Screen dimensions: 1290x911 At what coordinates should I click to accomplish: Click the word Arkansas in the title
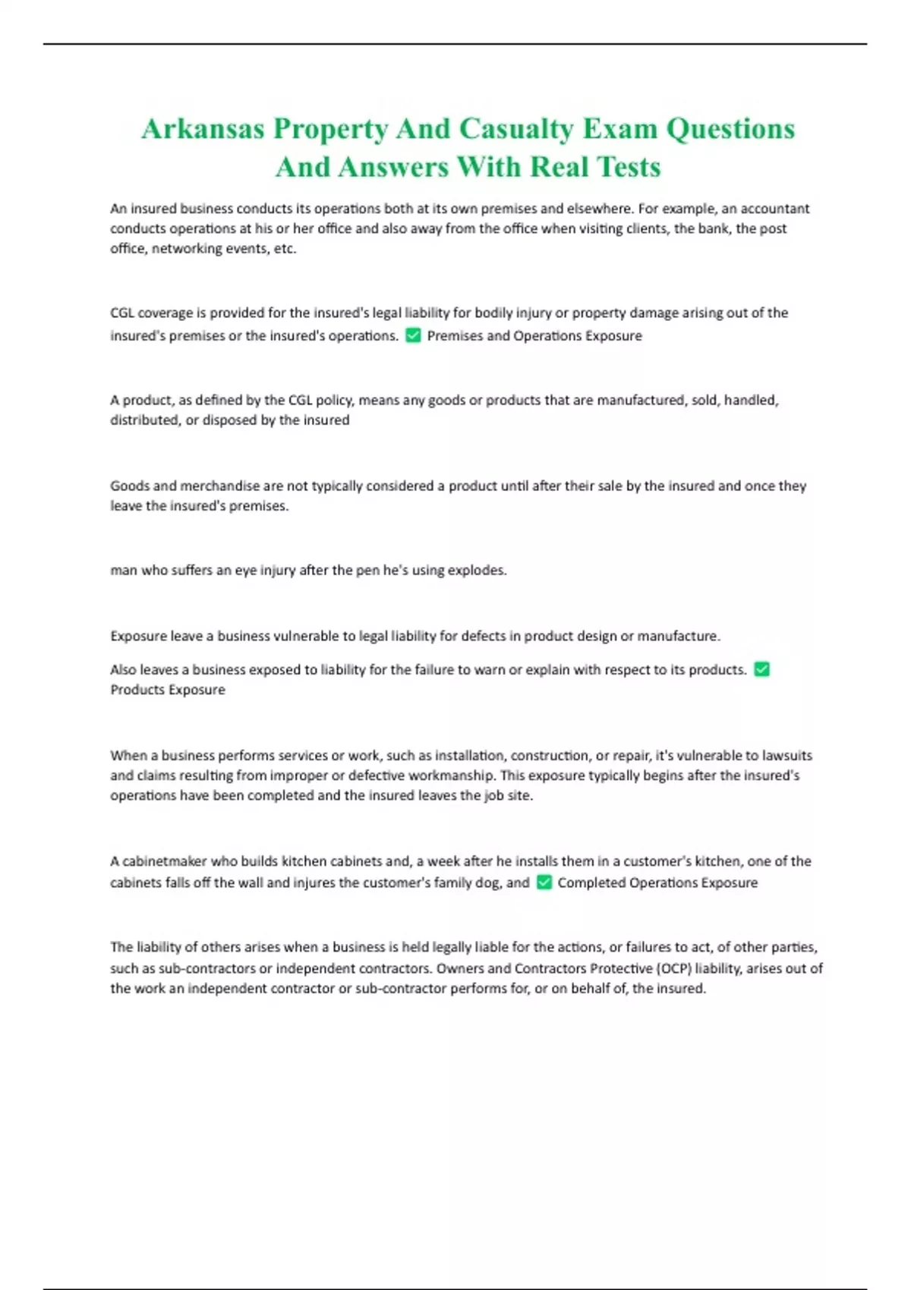tap(203, 129)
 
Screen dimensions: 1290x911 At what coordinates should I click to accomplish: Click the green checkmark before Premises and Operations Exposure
tap(413, 335)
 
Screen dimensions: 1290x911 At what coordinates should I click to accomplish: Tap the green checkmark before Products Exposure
tap(761, 669)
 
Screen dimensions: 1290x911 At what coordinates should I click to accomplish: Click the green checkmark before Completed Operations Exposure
tap(544, 883)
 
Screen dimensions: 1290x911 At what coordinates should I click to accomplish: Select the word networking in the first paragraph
tap(187, 249)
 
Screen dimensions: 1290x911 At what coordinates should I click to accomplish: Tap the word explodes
tap(478, 570)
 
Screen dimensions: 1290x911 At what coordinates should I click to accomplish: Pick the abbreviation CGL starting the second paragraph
tap(122, 313)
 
